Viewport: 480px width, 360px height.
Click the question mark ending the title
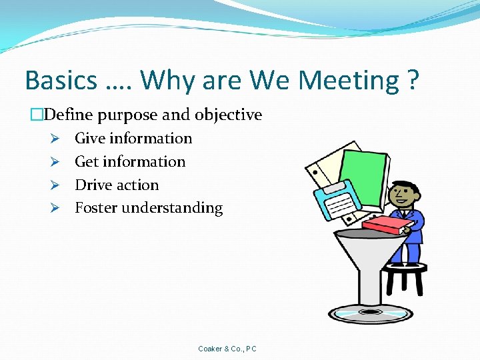413,81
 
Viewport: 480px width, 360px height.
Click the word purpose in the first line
129,115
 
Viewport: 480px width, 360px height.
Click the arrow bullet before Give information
57,139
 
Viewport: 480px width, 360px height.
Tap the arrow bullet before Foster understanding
57,208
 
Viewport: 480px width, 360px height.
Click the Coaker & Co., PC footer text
227,349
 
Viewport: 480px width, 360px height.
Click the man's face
403,195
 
